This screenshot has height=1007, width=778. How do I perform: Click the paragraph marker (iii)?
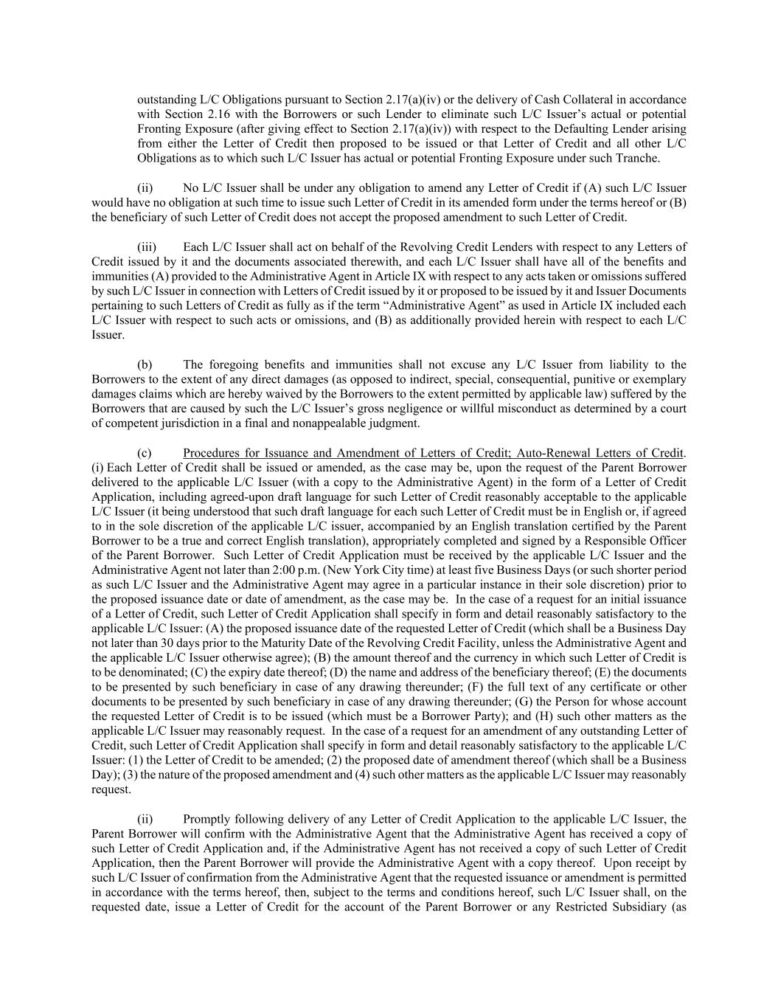coord(147,247)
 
